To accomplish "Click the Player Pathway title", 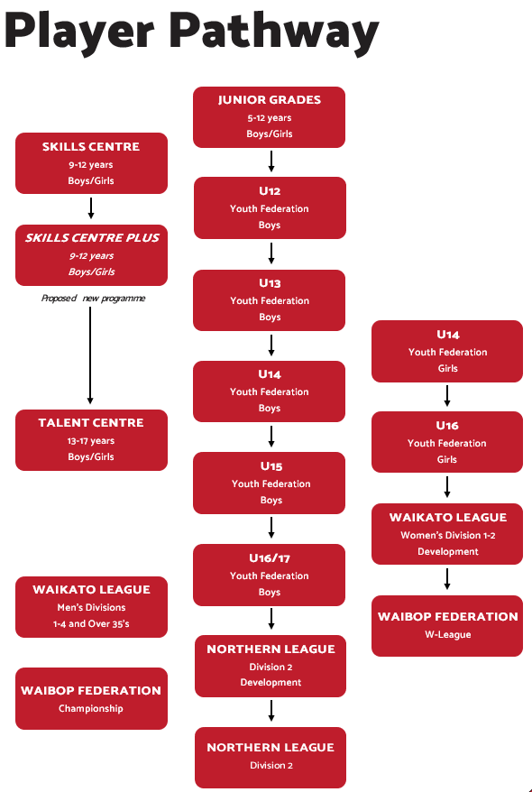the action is [191, 31].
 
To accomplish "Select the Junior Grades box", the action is [269, 117].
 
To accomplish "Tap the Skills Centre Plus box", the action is [91, 255].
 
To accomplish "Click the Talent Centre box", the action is [91, 440].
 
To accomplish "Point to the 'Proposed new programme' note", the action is [94, 298].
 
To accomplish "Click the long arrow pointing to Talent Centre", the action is [90, 355].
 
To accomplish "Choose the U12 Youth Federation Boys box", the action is [270, 207].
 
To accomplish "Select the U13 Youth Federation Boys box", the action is [269, 300].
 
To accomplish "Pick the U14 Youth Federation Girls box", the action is [447, 351].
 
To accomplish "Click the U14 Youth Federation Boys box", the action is [269, 391].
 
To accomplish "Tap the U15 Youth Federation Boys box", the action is [269, 483].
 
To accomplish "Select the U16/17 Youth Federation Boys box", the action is [269, 575].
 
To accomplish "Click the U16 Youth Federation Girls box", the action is [447, 442].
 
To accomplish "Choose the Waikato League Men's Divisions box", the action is [91, 606].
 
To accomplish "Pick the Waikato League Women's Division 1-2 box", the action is [447, 534].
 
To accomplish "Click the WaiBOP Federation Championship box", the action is [91, 698].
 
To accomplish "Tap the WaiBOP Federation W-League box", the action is [447, 626].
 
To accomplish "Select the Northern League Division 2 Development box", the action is [271, 666].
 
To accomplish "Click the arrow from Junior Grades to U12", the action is [271, 161].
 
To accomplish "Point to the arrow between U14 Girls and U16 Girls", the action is [447, 396].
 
